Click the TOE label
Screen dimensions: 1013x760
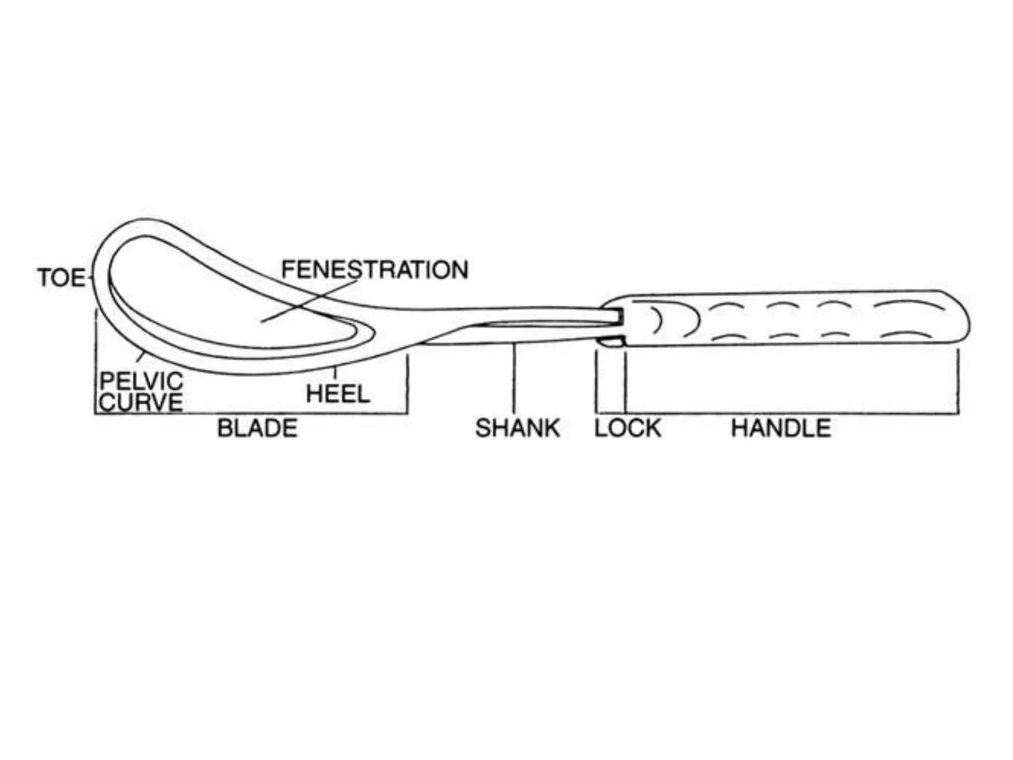point(61,278)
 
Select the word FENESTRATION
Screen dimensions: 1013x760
point(374,270)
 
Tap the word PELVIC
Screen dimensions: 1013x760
point(141,381)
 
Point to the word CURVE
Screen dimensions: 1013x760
point(141,402)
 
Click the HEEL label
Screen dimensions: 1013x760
point(338,394)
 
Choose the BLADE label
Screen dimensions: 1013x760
point(257,428)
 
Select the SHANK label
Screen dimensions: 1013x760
point(517,428)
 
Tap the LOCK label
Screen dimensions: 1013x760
point(628,428)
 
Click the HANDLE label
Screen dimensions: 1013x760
point(781,428)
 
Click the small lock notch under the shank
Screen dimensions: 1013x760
point(612,341)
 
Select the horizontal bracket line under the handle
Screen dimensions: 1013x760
point(791,413)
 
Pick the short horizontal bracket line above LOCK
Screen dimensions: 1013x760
point(611,413)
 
